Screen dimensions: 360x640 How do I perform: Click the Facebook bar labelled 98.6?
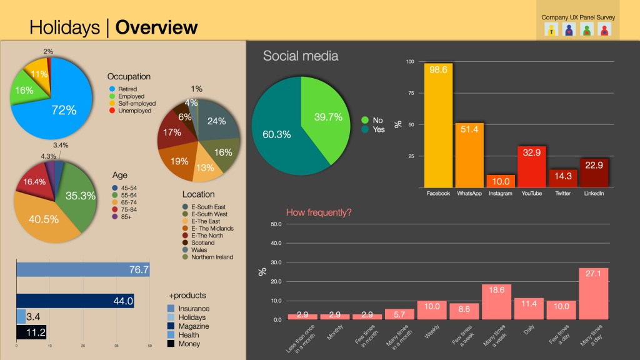pyautogui.click(x=438, y=125)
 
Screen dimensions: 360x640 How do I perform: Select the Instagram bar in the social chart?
pyautogui.click(x=501, y=181)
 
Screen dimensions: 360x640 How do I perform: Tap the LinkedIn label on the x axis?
pyautogui.click(x=594, y=194)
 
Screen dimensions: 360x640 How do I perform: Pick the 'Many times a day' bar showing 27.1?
pyautogui.click(x=593, y=294)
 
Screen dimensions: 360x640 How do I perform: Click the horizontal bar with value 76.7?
pyautogui.click(x=82, y=269)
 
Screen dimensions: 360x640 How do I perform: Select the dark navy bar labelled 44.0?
pyautogui.click(x=75, y=301)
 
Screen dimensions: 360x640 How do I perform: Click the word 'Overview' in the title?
pyautogui.click(x=157, y=27)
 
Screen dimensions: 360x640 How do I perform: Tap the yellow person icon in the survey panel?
pyautogui.click(x=551, y=29)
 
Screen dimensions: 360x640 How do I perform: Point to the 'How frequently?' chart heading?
pyautogui.click(x=319, y=212)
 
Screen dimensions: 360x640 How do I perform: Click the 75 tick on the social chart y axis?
pyautogui.click(x=410, y=93)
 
